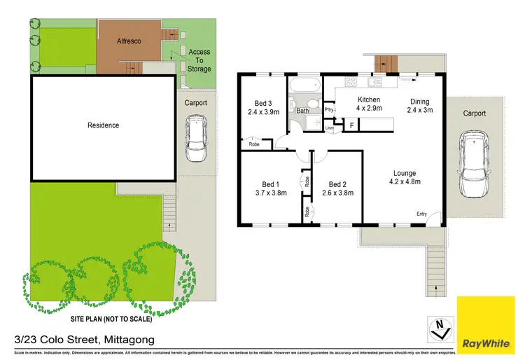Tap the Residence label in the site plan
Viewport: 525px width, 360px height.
[103, 125]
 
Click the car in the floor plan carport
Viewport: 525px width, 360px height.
[473, 166]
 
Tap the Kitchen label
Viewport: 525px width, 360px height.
[368, 100]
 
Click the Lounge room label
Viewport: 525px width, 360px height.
[404, 173]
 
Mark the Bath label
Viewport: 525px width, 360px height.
[302, 111]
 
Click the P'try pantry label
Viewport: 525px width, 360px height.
[328, 111]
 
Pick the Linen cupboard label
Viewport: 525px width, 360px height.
[329, 128]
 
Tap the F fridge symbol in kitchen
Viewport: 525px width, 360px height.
[351, 125]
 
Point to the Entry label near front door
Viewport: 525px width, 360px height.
[421, 214]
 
